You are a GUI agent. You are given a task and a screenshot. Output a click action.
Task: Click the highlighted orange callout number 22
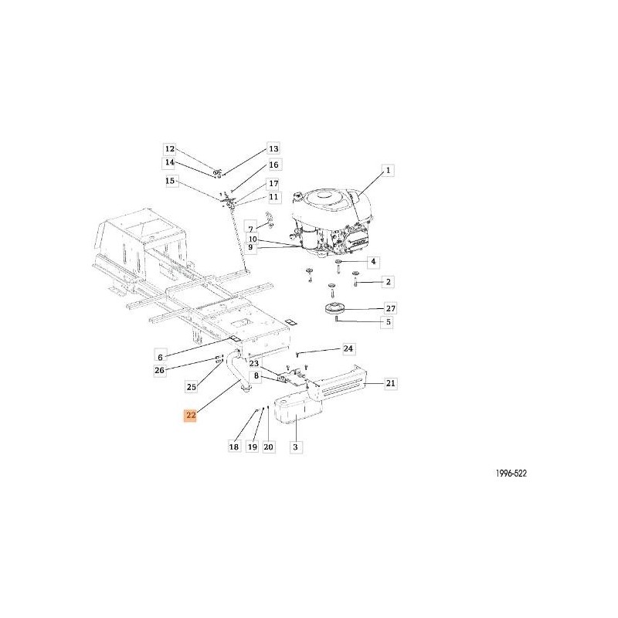(x=191, y=416)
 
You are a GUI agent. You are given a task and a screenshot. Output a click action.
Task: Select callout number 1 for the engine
(x=388, y=170)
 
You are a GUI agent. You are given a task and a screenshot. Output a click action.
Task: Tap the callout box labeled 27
(x=390, y=308)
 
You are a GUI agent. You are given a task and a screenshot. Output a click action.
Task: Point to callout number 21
(x=390, y=383)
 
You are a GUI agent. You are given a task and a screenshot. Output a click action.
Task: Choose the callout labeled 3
(x=296, y=447)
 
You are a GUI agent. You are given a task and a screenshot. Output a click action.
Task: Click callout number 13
(x=273, y=148)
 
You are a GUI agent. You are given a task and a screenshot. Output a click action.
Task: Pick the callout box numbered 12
(x=169, y=149)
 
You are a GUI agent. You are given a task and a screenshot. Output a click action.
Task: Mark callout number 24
(x=348, y=348)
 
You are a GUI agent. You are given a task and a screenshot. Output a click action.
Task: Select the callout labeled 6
(x=160, y=357)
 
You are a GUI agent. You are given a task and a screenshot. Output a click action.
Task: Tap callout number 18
(x=234, y=447)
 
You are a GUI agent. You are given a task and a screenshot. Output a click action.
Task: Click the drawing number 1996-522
(x=511, y=474)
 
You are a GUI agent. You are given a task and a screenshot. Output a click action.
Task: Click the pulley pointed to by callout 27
(x=334, y=308)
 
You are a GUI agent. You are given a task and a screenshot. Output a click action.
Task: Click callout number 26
(x=160, y=371)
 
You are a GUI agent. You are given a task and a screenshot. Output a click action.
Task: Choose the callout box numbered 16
(x=273, y=165)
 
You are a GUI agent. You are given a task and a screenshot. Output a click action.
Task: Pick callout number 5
(x=388, y=322)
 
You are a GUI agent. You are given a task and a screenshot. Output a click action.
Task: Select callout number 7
(x=250, y=229)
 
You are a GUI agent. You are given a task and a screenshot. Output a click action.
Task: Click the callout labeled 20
(x=268, y=447)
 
